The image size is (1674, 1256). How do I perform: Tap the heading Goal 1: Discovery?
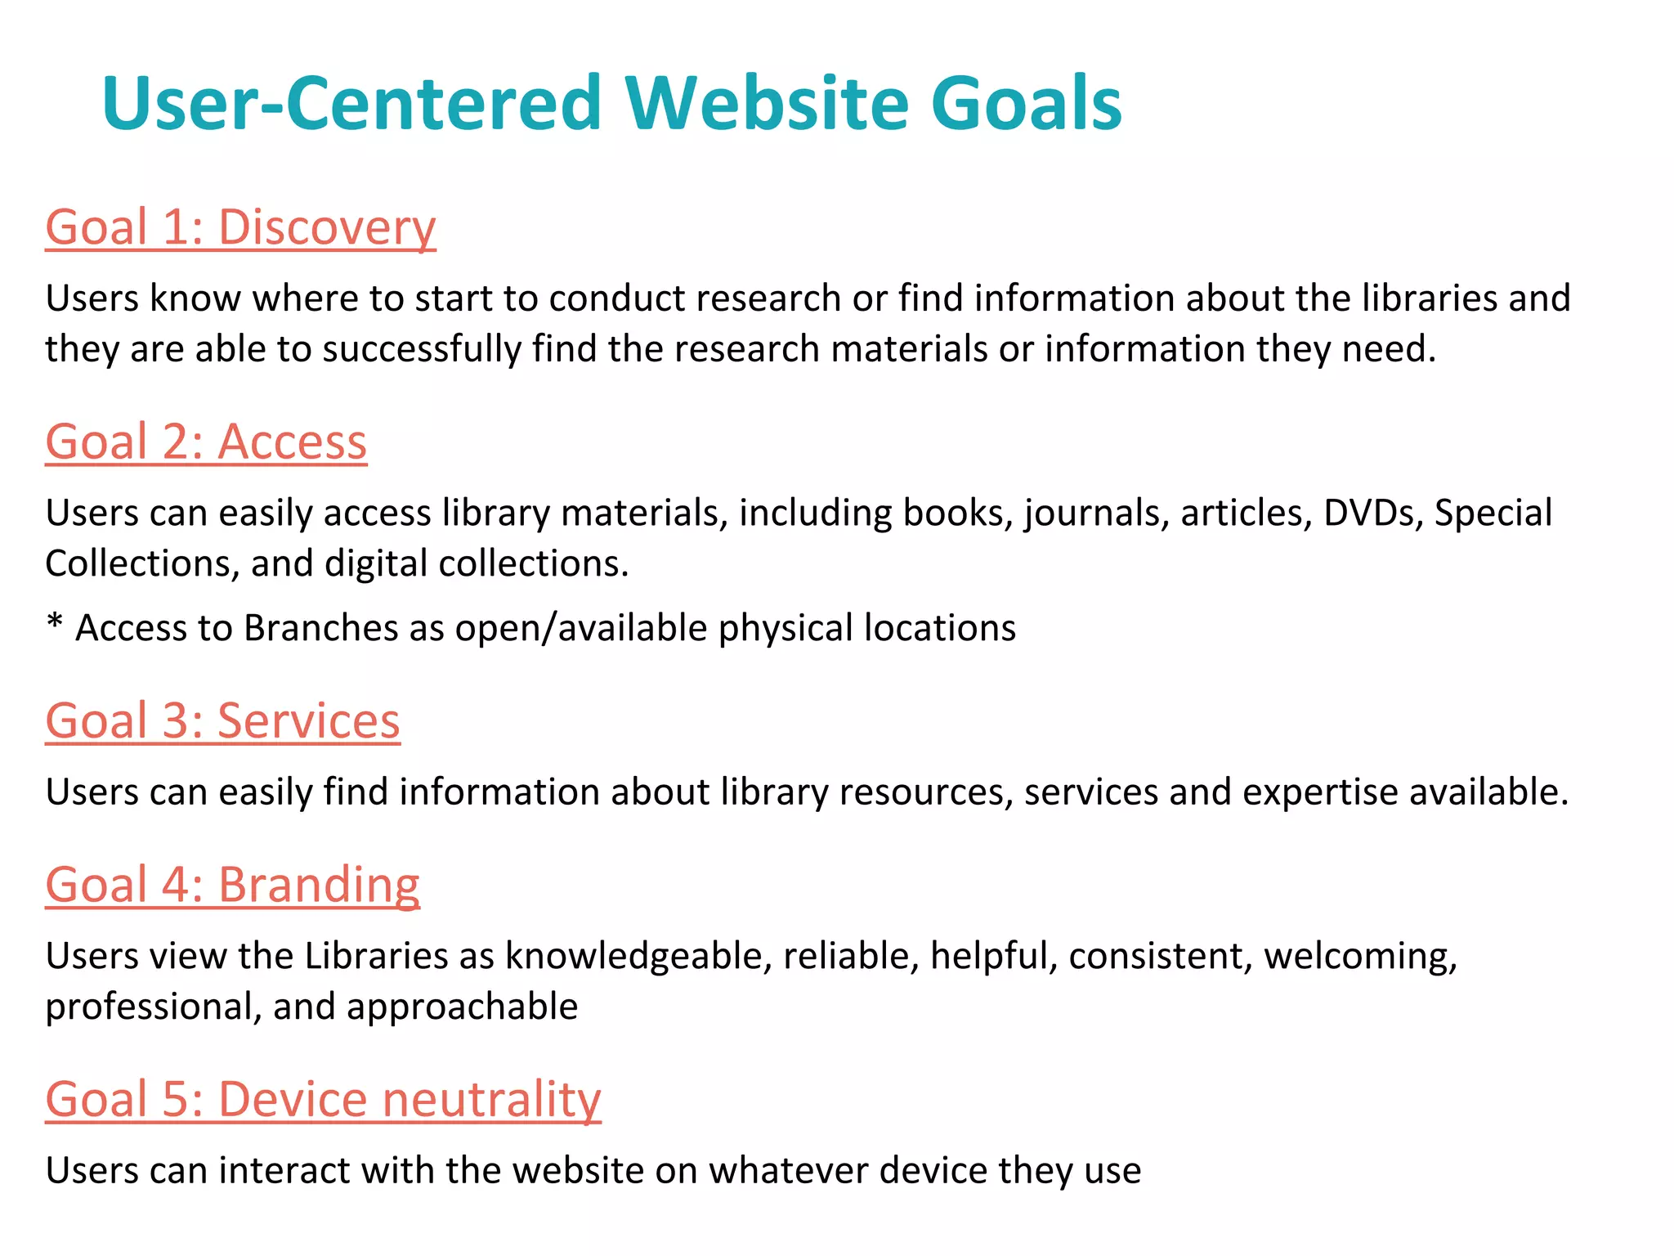click(240, 227)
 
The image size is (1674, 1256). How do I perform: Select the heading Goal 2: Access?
click(206, 442)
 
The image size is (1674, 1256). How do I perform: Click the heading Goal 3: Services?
click(222, 721)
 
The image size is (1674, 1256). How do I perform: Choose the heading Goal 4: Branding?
click(232, 885)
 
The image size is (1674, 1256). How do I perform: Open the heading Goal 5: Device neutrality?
click(323, 1099)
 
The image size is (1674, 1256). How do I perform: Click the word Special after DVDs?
click(1493, 514)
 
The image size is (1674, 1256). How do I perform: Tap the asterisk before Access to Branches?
click(55, 625)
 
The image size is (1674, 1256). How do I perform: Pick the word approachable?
click(462, 1007)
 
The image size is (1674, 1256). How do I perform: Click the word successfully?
click(422, 349)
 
